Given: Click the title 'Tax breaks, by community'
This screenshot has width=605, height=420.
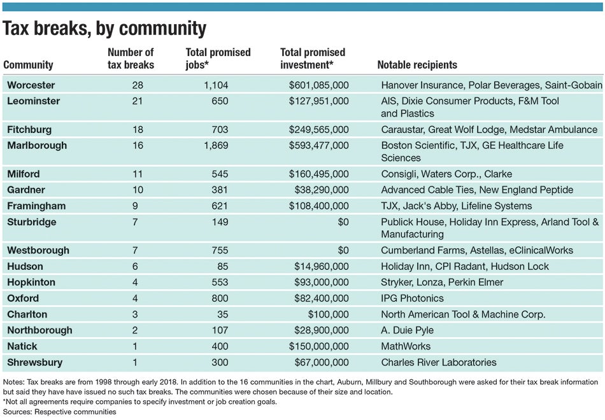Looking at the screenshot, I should click(x=105, y=29).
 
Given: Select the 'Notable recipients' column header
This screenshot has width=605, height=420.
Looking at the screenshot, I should click(x=417, y=65).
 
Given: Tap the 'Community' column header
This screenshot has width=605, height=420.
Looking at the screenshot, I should click(x=28, y=65).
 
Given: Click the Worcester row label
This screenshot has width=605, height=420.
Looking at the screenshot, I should click(x=31, y=85).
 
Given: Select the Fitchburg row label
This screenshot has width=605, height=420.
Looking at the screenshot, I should click(x=29, y=129).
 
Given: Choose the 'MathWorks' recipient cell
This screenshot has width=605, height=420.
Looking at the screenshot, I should click(x=406, y=346).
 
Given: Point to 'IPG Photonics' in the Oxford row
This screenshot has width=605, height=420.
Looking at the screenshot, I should click(x=412, y=298).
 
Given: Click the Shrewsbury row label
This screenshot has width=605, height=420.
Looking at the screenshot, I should click(x=34, y=362).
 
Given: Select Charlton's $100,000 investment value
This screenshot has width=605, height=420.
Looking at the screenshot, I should click(x=328, y=314).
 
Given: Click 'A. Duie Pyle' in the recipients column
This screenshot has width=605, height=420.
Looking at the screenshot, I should click(x=408, y=330).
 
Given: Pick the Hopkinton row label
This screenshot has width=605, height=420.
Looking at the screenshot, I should click(x=31, y=282).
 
